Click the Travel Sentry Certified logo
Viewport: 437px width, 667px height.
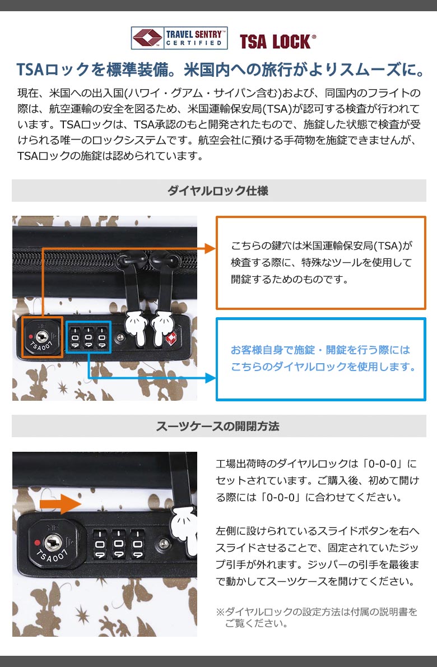[179, 38]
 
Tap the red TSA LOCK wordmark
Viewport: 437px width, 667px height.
[278, 41]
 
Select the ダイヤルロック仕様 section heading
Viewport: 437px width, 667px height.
[218, 191]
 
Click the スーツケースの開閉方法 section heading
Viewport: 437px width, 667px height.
[217, 426]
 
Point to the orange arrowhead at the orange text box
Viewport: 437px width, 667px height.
[210, 248]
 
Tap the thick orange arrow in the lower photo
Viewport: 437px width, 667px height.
[60, 504]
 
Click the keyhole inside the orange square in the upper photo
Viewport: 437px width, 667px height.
[41, 337]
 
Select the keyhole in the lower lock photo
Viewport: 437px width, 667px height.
[53, 543]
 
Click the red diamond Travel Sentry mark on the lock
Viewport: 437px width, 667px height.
[171, 339]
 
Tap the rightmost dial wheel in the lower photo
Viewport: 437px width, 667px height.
[137, 544]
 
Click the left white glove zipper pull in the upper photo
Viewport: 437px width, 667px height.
[135, 324]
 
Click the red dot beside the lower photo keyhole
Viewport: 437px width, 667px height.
[37, 543]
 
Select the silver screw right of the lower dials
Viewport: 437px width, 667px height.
[164, 543]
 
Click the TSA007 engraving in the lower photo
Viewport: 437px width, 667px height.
[52, 557]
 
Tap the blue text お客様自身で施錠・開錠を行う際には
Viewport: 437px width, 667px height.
[320, 350]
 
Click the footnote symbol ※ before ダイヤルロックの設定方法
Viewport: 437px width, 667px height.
[220, 612]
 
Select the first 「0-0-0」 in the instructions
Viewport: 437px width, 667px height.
[381, 464]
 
